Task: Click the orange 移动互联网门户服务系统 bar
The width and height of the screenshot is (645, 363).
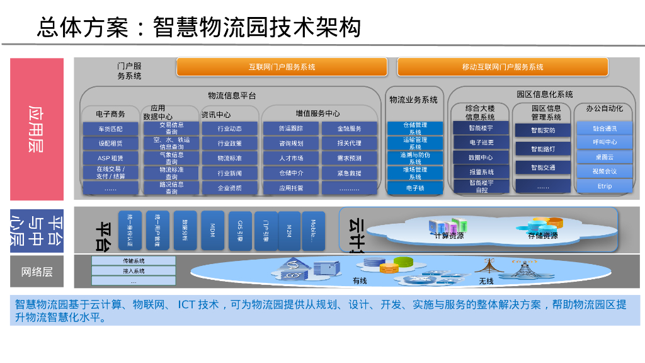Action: pos(502,67)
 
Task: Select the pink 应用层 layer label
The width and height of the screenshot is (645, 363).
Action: pos(37,129)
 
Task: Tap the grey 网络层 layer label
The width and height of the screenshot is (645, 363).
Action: pos(37,272)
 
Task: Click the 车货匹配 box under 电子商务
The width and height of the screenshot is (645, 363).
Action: pos(110,129)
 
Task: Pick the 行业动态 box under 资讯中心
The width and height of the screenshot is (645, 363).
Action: pos(229,129)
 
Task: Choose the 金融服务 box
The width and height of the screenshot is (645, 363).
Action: pos(349,129)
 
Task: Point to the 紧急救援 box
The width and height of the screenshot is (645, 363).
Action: pos(349,173)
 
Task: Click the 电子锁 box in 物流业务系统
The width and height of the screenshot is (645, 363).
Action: pos(415,188)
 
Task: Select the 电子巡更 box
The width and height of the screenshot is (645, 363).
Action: pos(481,142)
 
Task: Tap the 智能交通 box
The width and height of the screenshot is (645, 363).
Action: pos(542,168)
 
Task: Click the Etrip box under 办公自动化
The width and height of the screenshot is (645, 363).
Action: pos(604,186)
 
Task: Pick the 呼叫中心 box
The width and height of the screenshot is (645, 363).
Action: pos(604,142)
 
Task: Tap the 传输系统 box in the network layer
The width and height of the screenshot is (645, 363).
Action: pos(134,261)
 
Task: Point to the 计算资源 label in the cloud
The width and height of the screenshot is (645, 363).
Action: pos(448,236)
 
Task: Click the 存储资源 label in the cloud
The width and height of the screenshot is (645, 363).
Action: pos(542,236)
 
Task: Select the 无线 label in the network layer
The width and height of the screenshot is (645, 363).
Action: pos(486,280)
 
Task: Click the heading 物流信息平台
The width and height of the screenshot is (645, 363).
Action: pos(232,96)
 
